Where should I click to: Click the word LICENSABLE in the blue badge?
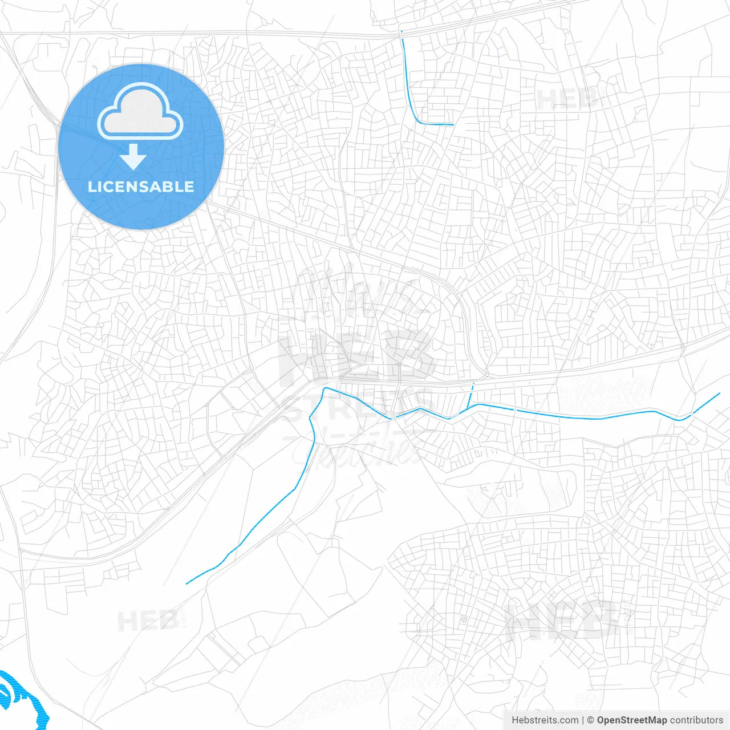(141, 186)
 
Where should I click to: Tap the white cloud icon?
(140, 112)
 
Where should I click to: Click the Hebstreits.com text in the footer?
(545, 720)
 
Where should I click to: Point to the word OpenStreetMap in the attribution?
(631, 720)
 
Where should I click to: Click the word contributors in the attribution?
(696, 720)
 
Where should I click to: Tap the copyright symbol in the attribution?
(590, 720)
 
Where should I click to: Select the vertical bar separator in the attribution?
(583, 720)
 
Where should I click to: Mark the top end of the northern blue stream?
(401, 32)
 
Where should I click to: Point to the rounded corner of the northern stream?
(419, 121)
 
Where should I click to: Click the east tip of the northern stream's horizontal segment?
(453, 124)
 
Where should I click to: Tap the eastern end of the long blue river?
(720, 393)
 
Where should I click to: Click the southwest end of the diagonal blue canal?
(187, 583)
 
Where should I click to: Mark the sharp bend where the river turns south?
(325, 389)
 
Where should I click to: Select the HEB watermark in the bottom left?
(148, 620)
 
